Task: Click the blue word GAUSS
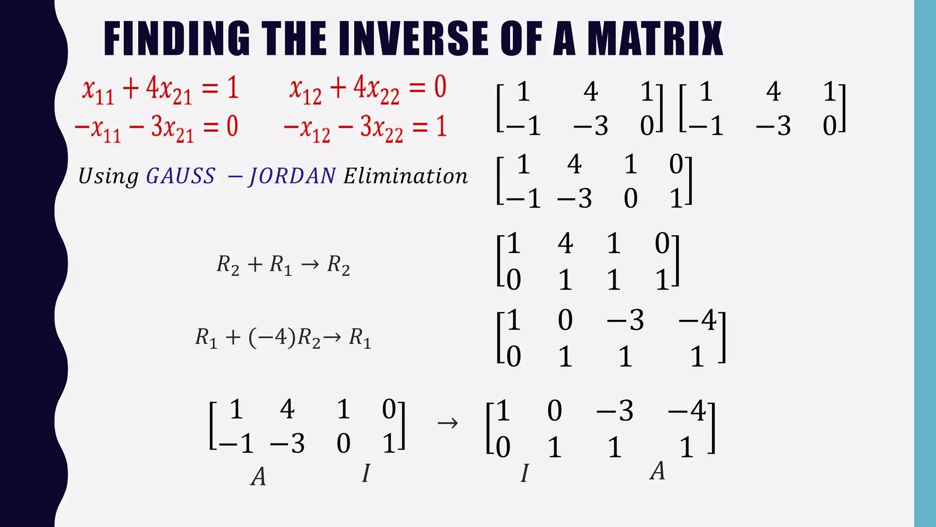[181, 176]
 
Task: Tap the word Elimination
[406, 176]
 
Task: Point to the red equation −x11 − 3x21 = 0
[156, 128]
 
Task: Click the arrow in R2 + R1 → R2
[310, 264]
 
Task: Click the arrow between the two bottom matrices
[447, 423]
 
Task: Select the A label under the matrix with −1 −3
[258, 477]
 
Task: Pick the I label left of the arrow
[366, 473]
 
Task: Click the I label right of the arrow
[525, 473]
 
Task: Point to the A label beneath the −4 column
[657, 471]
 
